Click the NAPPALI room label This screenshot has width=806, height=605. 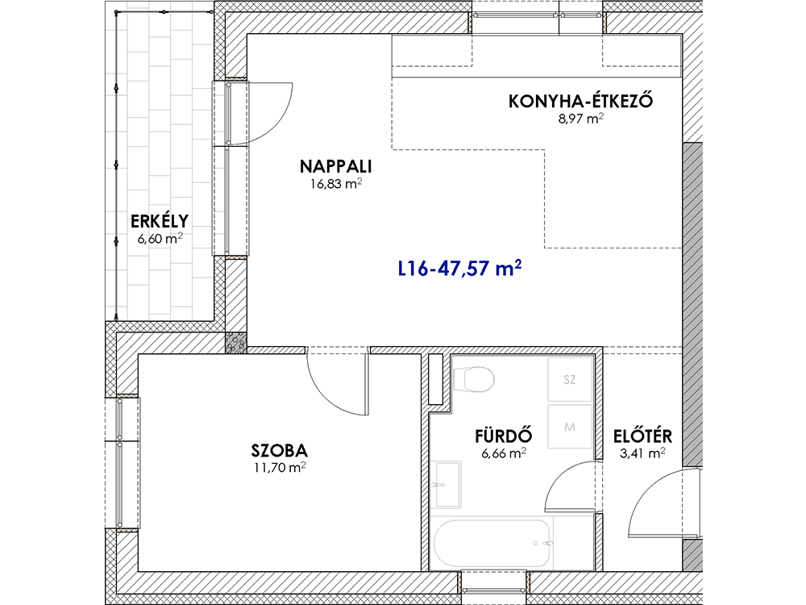(335, 167)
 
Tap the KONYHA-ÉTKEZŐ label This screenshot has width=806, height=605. (581, 101)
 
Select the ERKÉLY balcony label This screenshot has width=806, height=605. (160, 222)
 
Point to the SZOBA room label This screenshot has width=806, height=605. (279, 451)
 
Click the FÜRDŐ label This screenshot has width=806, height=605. (503, 436)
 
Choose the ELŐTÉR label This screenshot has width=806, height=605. (642, 436)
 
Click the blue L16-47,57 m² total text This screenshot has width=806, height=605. (460, 269)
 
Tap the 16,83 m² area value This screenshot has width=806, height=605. (335, 184)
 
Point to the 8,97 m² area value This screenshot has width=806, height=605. (581, 119)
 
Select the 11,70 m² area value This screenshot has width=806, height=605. (280, 468)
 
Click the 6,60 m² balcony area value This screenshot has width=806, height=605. (160, 239)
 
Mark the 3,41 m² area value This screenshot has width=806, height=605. (642, 453)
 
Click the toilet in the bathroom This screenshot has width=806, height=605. (473, 380)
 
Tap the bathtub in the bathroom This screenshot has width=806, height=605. (492, 543)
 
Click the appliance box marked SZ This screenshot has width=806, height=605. (570, 380)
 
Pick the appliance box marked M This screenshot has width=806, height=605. (570, 427)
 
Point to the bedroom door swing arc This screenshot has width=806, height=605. (326, 394)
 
